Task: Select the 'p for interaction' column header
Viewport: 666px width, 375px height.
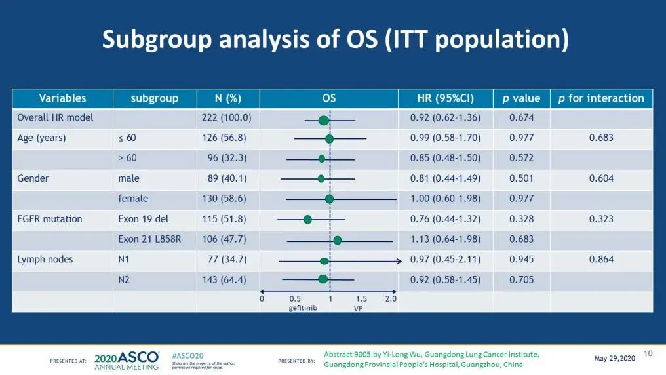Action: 601,98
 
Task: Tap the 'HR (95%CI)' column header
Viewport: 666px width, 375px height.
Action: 445,98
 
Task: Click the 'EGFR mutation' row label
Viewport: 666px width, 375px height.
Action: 50,219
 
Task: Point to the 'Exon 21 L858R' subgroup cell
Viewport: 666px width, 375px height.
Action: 149,239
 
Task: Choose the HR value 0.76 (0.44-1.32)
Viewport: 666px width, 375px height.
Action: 445,219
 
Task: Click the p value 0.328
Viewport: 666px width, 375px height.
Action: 522,219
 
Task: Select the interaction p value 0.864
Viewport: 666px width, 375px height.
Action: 601,260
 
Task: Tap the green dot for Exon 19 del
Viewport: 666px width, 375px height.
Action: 307,220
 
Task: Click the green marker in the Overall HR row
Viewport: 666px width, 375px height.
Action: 323,120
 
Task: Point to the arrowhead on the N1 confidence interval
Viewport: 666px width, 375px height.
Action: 399,261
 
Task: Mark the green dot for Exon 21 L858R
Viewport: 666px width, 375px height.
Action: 337,240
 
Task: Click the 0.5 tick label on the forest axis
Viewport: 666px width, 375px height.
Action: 295,299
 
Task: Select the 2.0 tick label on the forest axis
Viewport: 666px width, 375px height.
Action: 391,299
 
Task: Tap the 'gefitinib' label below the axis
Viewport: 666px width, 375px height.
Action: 303,308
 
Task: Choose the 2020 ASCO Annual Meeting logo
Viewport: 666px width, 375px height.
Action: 127,360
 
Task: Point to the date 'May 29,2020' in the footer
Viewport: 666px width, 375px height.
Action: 614,358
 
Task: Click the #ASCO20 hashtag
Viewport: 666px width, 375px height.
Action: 187,355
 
